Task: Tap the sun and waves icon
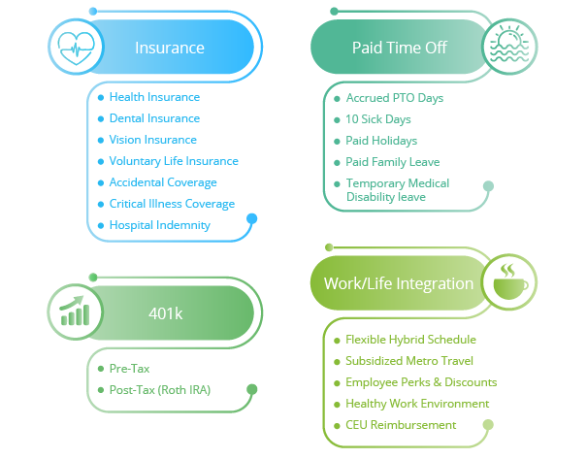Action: point(508,47)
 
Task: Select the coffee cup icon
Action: point(508,282)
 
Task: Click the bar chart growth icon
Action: point(75,311)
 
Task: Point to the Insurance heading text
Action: point(170,48)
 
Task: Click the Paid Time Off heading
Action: point(400,48)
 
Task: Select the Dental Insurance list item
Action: point(154,118)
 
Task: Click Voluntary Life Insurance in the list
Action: point(174,161)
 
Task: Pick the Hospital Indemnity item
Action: point(159,225)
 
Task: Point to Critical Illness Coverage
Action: point(172,204)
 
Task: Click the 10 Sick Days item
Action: point(378,119)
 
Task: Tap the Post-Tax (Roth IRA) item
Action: point(159,390)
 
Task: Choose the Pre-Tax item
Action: point(129,369)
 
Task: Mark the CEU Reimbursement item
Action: point(401,425)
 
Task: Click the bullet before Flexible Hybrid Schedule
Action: point(335,340)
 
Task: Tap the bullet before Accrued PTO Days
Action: point(335,98)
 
